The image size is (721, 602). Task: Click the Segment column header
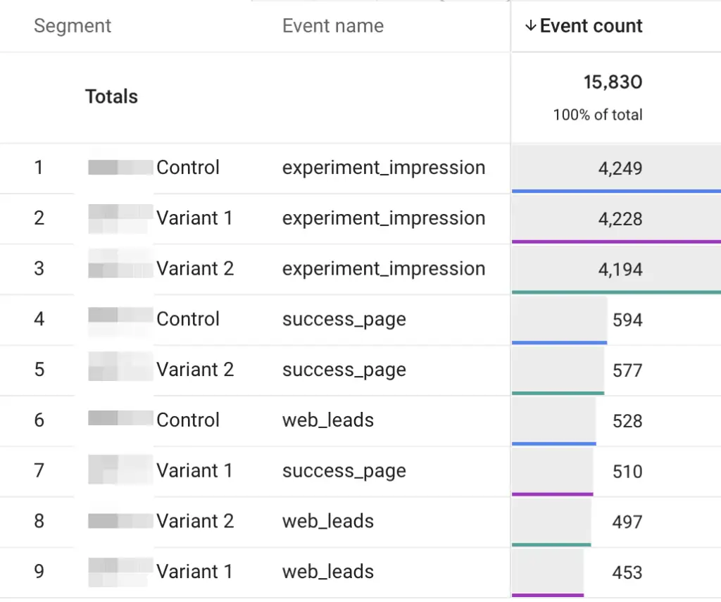73,26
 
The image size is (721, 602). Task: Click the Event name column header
332,26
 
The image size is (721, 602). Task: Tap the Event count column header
591,26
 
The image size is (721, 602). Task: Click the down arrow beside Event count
531,26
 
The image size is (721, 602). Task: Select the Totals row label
111,96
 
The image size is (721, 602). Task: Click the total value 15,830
613,82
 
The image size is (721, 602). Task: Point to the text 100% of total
597,115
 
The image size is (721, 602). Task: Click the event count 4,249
620,168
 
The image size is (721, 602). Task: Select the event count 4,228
620,219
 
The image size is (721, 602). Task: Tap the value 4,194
620,270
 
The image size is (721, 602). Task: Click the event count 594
627,320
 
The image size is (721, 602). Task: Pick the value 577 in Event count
627,370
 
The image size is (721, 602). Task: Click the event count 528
627,421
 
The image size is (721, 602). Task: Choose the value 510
627,471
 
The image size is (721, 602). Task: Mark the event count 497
627,522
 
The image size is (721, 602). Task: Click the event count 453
627,572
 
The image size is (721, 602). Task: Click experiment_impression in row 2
383,218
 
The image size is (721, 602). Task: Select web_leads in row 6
327,420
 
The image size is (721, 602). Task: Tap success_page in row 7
344,471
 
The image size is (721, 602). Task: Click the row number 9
39,572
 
